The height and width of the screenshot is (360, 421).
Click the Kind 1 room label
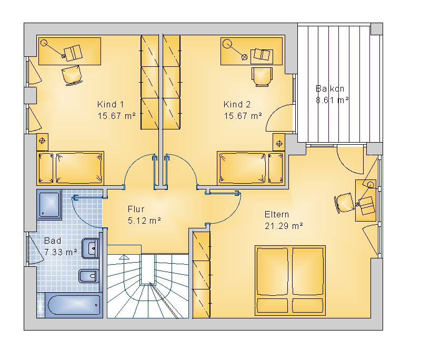[x=111, y=104]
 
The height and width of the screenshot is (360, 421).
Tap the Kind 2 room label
[x=237, y=104]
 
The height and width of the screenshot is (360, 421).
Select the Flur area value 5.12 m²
[x=144, y=221]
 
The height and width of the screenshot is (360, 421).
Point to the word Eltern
[x=277, y=215]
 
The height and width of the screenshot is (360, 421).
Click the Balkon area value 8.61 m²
[x=332, y=100]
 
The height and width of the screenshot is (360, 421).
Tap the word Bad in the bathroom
[x=53, y=241]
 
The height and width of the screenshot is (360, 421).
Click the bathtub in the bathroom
[x=74, y=305]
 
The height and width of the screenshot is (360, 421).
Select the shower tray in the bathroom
[x=49, y=204]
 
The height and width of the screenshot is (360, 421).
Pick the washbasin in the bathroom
[x=90, y=248]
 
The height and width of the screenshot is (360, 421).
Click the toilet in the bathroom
[x=88, y=276]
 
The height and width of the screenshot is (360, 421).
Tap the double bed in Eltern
[x=290, y=280]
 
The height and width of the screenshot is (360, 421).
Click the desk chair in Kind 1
[x=72, y=75]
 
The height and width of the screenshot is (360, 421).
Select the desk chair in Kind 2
[x=262, y=77]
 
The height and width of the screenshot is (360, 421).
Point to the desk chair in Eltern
[x=344, y=203]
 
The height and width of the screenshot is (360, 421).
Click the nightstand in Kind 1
[x=43, y=142]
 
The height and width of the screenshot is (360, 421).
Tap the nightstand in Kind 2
[x=279, y=142]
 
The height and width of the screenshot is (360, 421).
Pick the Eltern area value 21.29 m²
[x=284, y=226]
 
